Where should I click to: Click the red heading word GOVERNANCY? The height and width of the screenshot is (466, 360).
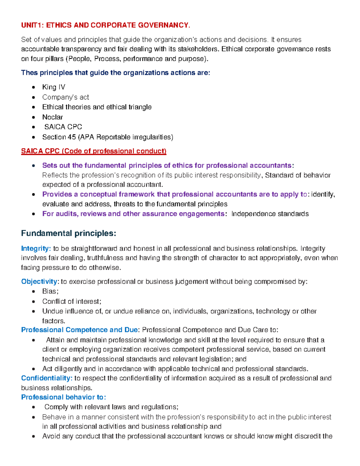163,25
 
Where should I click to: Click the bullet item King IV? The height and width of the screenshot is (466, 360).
53,87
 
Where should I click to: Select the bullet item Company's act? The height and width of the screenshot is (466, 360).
65,97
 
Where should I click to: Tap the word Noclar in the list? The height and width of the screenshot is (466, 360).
52,117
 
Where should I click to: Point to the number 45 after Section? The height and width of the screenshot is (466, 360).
72,137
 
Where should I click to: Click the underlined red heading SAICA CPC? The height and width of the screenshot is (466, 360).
40,151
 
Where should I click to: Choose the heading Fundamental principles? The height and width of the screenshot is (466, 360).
68,233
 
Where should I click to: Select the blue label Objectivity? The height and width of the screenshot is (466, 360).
39,281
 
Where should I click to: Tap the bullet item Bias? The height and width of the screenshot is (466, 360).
50,291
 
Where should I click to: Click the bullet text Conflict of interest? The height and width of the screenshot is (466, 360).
72,301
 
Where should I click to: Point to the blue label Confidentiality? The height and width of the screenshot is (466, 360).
46,378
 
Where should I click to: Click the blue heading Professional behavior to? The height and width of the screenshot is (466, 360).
63,397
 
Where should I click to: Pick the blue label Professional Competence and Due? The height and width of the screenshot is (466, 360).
79,330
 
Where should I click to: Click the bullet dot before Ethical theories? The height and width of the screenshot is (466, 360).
34,107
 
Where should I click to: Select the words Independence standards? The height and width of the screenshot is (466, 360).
270,214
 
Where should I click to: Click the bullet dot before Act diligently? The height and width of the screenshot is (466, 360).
34,369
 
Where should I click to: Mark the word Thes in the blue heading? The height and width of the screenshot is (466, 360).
29,73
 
